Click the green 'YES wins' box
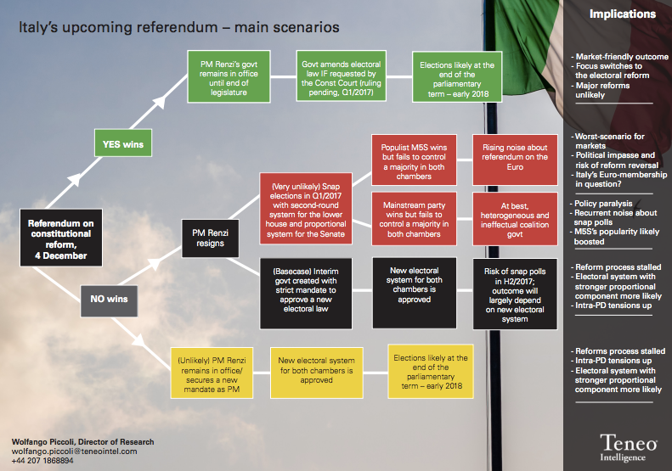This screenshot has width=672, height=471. [123, 143]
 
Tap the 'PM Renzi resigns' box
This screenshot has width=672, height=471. [210, 238]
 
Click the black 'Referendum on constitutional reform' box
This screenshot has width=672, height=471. [61, 238]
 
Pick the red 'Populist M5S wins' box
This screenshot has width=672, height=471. [414, 160]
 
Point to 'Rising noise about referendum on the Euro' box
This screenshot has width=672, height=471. [515, 160]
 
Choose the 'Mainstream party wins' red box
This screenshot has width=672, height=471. [414, 219]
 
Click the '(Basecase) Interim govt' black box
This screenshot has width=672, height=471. [306, 294]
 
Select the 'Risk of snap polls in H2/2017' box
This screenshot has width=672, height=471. [515, 294]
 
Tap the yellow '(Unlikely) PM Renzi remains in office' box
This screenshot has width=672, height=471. [212, 373]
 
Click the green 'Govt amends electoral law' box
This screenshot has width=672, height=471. [342, 76]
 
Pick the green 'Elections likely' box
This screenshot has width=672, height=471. [457, 77]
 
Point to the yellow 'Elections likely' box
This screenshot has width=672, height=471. [431, 372]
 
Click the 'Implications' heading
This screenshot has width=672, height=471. [622, 14]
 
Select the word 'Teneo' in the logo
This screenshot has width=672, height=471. [629, 442]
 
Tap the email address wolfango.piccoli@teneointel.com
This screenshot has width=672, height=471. [75, 451]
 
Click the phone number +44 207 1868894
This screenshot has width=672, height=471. [42, 461]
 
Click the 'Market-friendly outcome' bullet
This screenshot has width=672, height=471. [619, 57]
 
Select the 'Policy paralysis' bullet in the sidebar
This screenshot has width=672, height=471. [601, 204]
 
